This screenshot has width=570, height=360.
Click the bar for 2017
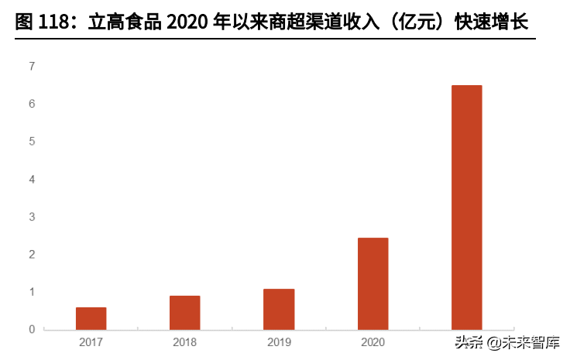click(91, 318)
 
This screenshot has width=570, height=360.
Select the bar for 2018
click(185, 313)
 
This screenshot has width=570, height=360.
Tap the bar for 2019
click(279, 309)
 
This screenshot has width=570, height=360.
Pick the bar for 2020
click(373, 283)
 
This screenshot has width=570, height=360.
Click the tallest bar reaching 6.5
click(466, 207)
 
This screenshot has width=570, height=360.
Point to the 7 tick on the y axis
click(32, 67)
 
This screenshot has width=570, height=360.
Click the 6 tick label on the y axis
click(32, 104)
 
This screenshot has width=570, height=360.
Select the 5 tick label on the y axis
click(32, 142)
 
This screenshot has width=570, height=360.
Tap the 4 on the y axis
click(32, 180)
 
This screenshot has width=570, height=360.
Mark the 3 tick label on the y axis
click(32, 217)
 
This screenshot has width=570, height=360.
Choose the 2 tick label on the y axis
click(32, 255)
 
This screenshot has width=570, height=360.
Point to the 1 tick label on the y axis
click(32, 292)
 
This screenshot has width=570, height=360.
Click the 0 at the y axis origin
click(32, 330)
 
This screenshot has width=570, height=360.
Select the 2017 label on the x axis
click(91, 341)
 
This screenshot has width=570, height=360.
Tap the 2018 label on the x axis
click(185, 341)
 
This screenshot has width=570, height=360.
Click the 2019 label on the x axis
click(279, 341)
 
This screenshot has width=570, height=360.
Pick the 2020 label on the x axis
click(373, 341)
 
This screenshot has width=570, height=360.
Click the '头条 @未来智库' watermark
click(507, 341)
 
